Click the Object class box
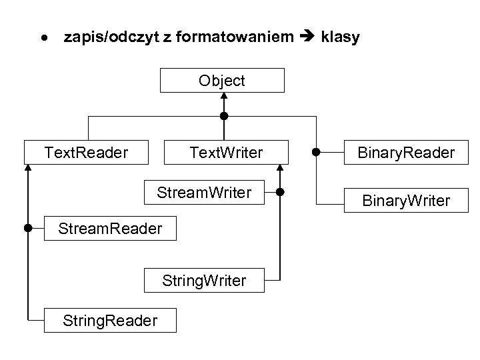pyautogui.click(x=222, y=81)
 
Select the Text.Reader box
pyautogui.click(x=86, y=153)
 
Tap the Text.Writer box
pyautogui.click(x=226, y=153)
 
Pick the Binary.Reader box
pyautogui.click(x=405, y=153)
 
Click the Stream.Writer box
pyautogui.click(x=204, y=193)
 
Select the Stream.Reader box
pyautogui.click(x=110, y=229)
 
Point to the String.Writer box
pyautogui.click(x=204, y=281)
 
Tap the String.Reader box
pyautogui.click(x=110, y=320)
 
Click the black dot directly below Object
pyautogui.click(x=225, y=116)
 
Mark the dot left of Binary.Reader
pyautogui.click(x=317, y=152)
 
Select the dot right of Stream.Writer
pyautogui.click(x=280, y=193)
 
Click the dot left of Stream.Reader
pyautogui.click(x=28, y=228)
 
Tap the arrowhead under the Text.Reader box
pyautogui.click(x=28, y=168)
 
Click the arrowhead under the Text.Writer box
pyautogui.click(x=280, y=168)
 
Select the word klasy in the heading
pyautogui.click(x=340, y=37)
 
